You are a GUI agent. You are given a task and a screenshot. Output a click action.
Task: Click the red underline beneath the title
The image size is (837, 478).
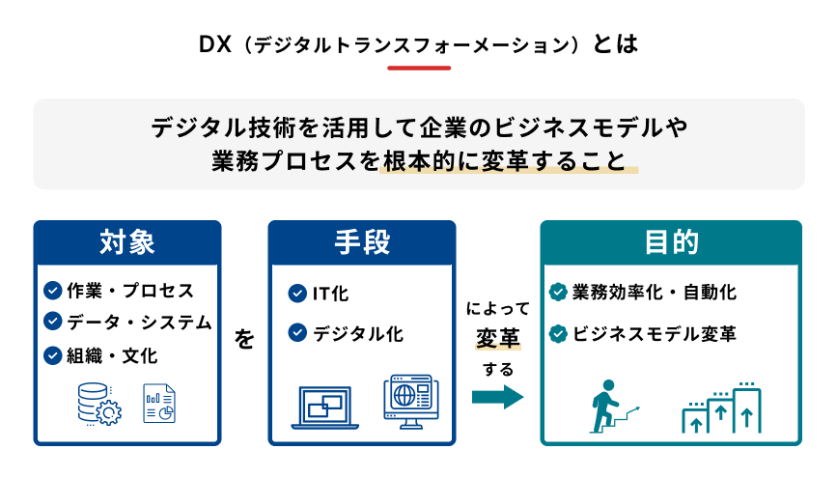[x=418, y=69]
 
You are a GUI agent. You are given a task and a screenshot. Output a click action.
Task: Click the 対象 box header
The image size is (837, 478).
[x=127, y=242]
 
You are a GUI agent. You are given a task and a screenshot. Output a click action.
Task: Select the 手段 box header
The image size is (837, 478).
[x=362, y=242]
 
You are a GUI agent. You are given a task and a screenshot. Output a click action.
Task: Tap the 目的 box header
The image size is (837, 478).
[x=670, y=242]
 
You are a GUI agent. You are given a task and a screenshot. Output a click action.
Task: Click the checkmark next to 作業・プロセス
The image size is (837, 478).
[x=53, y=291]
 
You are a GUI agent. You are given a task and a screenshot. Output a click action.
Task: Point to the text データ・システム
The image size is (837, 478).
[x=138, y=323]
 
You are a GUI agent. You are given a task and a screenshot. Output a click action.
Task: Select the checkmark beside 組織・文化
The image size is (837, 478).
[x=53, y=355]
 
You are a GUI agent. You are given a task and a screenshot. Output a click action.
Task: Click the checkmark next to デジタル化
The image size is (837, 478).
[x=297, y=334]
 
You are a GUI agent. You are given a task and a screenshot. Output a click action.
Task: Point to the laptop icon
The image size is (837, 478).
[x=325, y=407]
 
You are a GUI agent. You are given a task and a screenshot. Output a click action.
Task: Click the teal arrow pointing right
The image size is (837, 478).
[x=497, y=397]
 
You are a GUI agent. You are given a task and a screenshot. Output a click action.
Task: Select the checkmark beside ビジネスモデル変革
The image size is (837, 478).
[x=557, y=334]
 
